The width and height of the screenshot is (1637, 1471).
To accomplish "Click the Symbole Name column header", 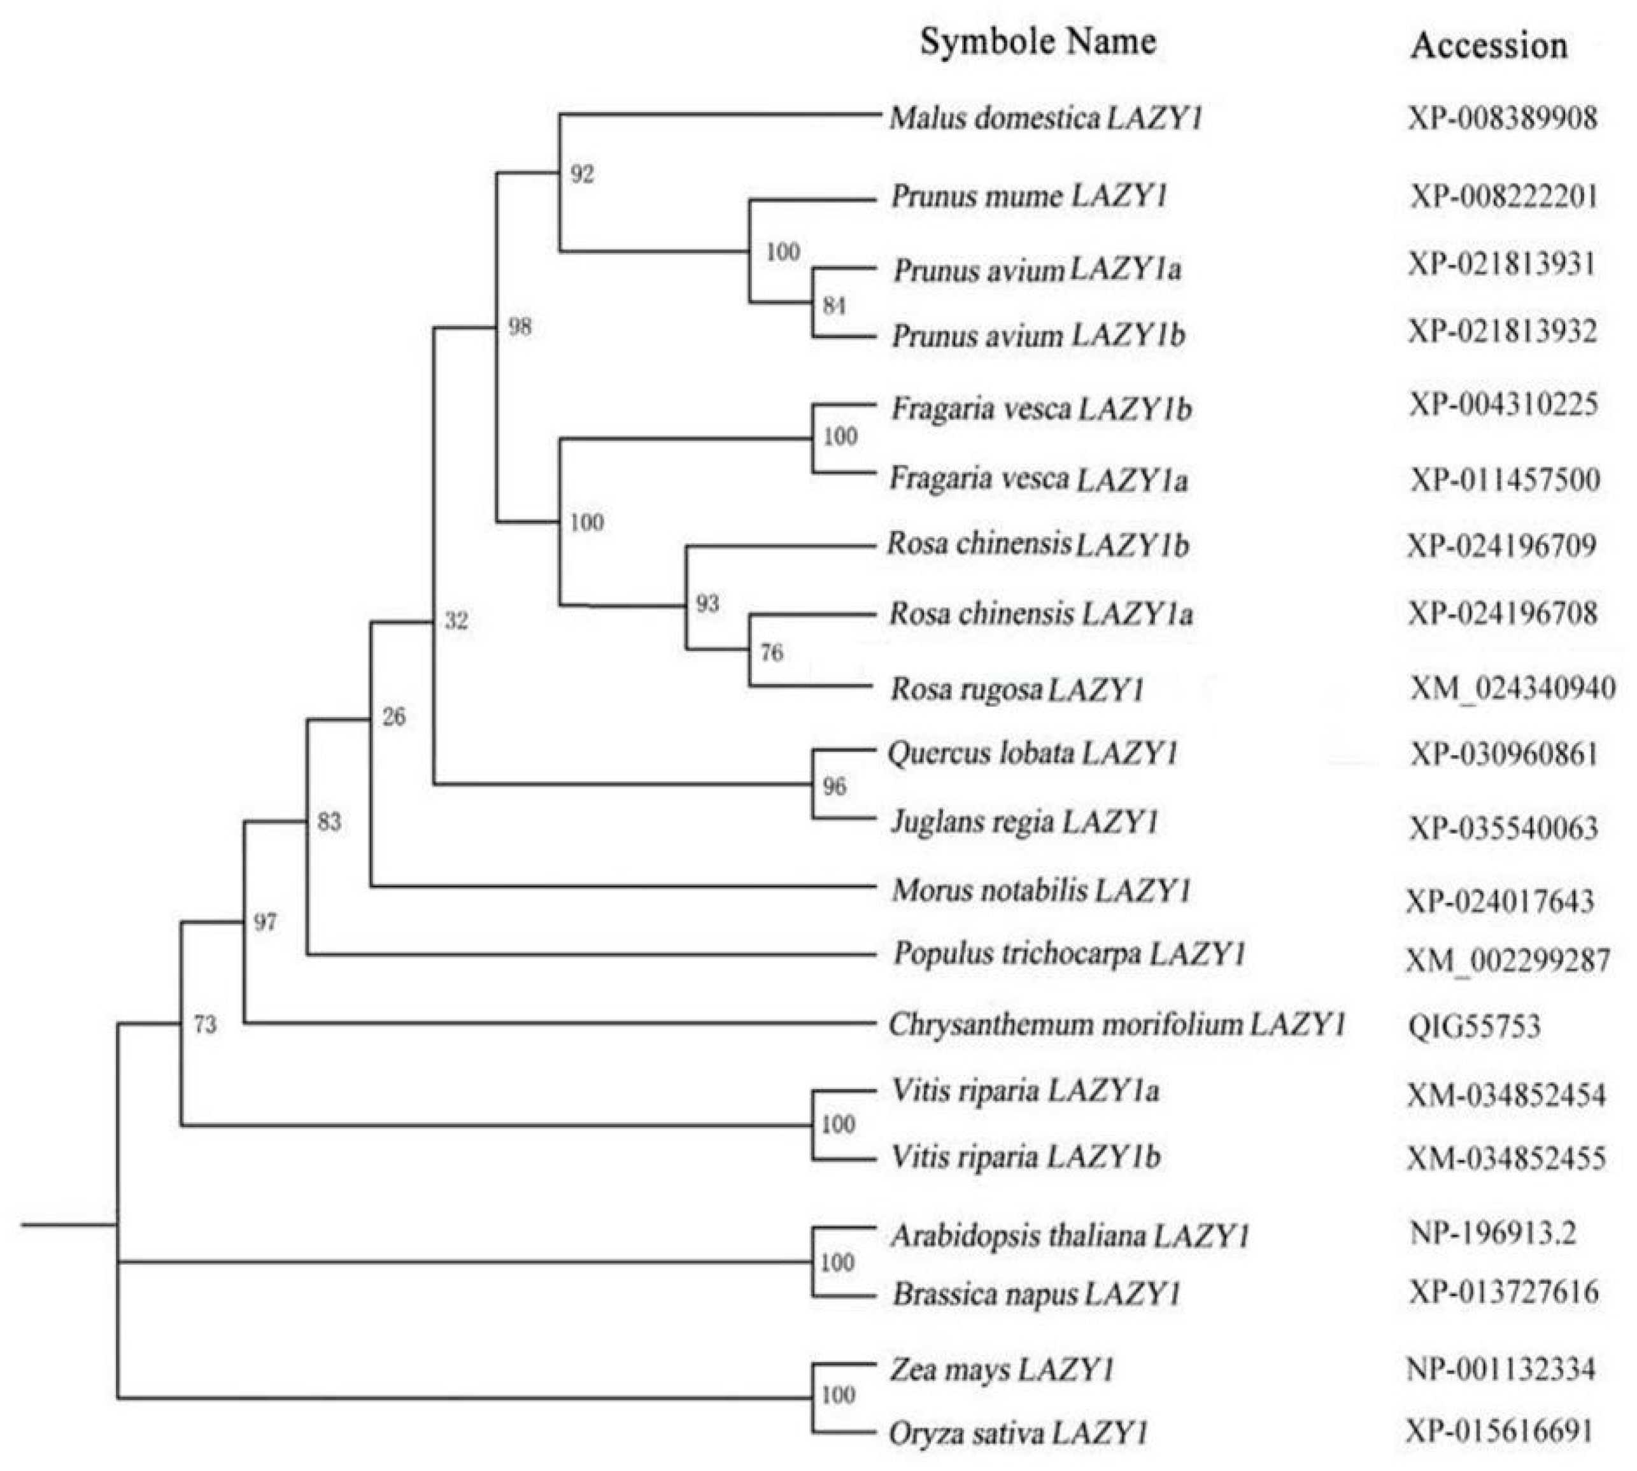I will [1037, 41].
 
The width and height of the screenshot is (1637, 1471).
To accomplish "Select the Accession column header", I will [1489, 45].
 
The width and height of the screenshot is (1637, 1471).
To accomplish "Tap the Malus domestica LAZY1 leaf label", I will [1045, 119].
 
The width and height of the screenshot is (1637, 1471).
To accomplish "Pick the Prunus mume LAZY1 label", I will [1028, 196].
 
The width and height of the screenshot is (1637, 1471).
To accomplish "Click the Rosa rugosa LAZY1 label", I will [1016, 690].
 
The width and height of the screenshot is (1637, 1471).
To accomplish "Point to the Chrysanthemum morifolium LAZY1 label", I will [1117, 1025].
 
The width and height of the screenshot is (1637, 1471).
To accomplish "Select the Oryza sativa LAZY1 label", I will [1018, 1433].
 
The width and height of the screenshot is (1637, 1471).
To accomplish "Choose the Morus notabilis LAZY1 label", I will [1040, 891].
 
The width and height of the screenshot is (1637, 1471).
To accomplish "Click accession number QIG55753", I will [1474, 1027].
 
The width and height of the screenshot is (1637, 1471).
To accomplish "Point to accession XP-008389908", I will [1503, 119].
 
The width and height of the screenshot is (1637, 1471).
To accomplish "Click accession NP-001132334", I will [1501, 1368].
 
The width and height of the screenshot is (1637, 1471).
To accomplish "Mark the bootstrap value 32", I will [457, 621].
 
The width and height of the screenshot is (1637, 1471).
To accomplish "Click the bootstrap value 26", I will [393, 717].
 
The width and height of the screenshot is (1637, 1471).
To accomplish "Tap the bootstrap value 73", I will [204, 1025].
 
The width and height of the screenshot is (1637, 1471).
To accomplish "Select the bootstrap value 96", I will [834, 786].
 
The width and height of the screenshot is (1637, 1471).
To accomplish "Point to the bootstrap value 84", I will [834, 306].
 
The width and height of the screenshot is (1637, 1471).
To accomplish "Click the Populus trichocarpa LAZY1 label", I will [1068, 954].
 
